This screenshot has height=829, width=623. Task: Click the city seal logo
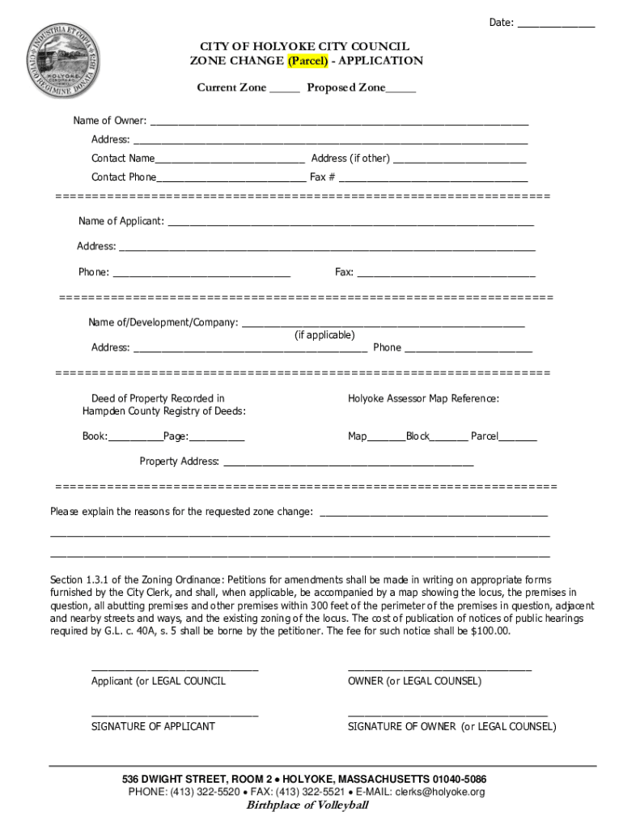[x=63, y=59]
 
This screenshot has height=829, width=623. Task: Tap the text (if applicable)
[x=324, y=335]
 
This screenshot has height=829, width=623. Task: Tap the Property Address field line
[x=348, y=464]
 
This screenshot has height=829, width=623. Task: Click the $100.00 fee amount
[x=490, y=631]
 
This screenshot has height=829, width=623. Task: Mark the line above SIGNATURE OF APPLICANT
[x=175, y=715]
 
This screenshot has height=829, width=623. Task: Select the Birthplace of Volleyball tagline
[x=307, y=806]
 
